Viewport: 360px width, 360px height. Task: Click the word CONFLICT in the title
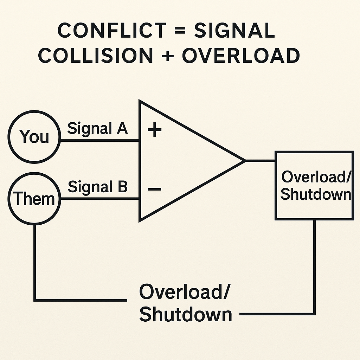pos(108,31)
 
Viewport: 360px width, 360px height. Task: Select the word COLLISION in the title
pos(96,56)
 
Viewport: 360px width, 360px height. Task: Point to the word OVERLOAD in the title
pos(240,56)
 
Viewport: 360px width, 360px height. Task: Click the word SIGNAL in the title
pos(234,31)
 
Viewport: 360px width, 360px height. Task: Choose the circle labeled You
pos(34,136)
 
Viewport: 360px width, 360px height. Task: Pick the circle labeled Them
pos(34,199)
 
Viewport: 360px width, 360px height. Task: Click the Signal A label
pos(97,129)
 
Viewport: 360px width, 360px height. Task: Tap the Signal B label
pos(97,187)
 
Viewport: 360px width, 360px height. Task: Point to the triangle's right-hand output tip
pos(244,161)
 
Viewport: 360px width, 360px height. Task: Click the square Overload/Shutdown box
pos(314,185)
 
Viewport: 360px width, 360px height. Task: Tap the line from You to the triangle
pos(100,141)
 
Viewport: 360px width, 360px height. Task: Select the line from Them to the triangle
pos(100,199)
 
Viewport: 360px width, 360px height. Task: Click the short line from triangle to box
pos(260,161)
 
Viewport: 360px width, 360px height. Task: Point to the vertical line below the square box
pos(314,267)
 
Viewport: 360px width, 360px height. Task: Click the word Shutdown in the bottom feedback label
pos(186,314)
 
